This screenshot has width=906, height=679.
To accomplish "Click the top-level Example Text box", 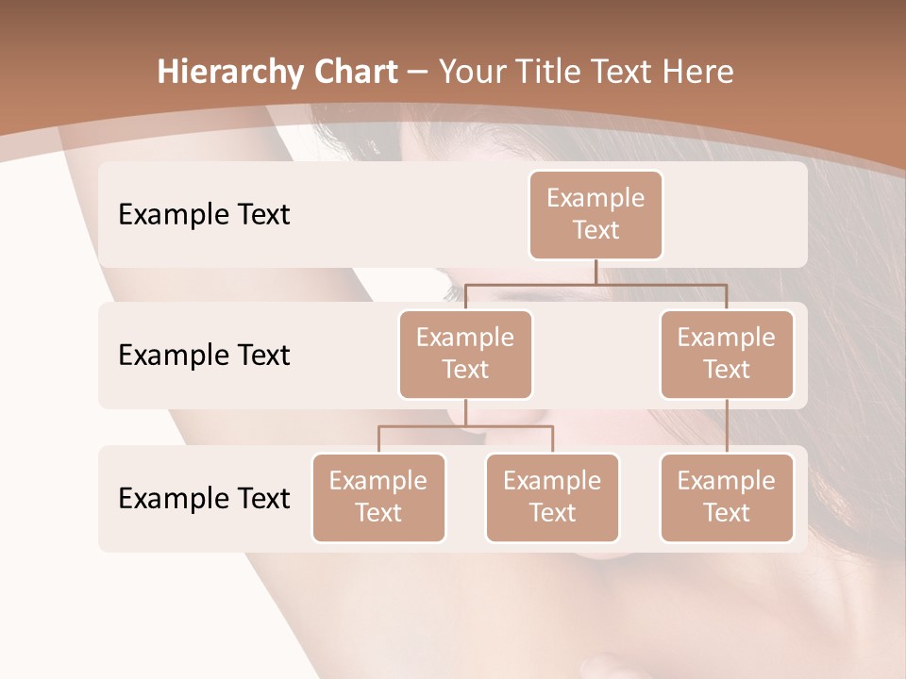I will [596, 214].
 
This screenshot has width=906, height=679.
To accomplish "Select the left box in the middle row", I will [465, 354].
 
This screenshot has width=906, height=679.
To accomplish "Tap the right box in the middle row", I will [727, 354].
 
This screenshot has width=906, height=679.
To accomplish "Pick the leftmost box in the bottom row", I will [378, 497].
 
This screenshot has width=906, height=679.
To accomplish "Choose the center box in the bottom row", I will [552, 497].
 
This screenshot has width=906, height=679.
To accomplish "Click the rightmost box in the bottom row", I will [727, 497].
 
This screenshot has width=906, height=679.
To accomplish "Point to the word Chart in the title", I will [357, 72].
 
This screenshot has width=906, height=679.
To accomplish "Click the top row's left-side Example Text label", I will [204, 214].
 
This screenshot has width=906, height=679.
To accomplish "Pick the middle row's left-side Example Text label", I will [204, 355].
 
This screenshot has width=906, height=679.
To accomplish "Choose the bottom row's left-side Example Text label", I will [204, 498].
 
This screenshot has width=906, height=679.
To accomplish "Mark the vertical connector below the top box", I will [596, 272].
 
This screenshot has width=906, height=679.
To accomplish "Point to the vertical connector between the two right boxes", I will [727, 426].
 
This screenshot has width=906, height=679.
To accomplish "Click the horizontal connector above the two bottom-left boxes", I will [465, 426].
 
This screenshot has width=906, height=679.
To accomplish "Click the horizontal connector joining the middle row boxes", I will [596, 283].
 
